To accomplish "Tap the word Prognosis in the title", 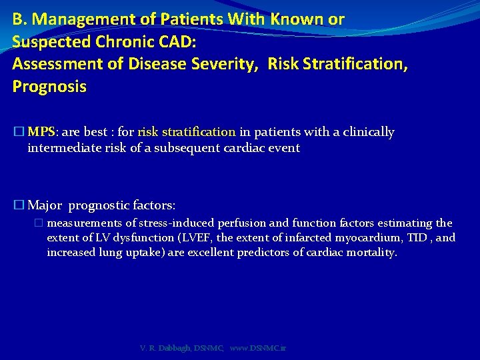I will pyautogui.click(x=49, y=87).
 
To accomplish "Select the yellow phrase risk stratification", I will pyautogui.click(x=187, y=132).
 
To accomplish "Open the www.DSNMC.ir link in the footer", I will pyautogui.click(x=257, y=348).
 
